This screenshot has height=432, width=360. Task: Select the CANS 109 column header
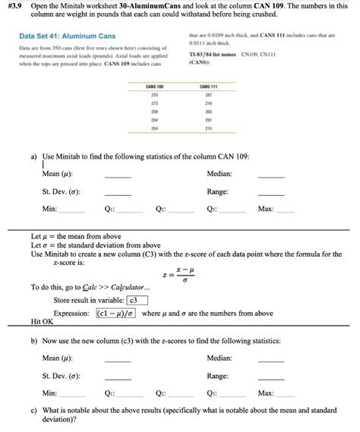pos(154,87)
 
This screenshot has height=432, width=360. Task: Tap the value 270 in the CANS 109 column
pos(154,96)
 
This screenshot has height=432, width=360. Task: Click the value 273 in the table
pos(154,104)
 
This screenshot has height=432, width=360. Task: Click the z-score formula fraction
pos(180,275)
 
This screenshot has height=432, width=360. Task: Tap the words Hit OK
pos(42,322)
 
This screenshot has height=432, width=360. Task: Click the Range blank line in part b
pos(271,377)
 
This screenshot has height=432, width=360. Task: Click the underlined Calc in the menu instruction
pos(90,288)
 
